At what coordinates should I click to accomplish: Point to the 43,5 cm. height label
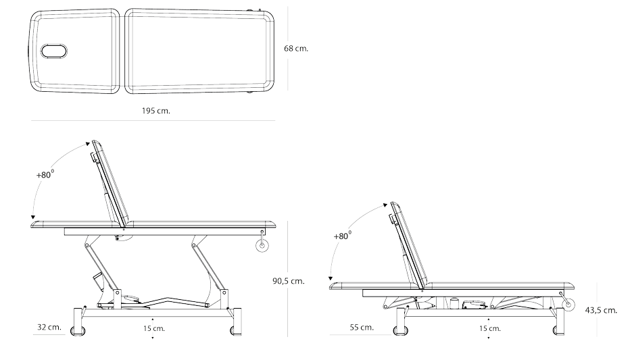pyautogui.click(x=600, y=309)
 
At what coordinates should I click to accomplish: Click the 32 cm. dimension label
pyautogui.click(x=49, y=327)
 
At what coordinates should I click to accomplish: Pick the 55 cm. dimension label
pyautogui.click(x=362, y=327)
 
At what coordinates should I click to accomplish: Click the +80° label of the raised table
pyautogui.click(x=45, y=174)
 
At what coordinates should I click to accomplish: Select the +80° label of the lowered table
pyautogui.click(x=343, y=236)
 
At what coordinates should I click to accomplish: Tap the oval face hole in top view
pyautogui.click(x=53, y=51)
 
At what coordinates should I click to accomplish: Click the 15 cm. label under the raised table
pyautogui.click(x=153, y=328)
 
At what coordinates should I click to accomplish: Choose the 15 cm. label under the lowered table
pyautogui.click(x=489, y=328)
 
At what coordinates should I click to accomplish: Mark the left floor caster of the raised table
pyautogui.click(x=81, y=331)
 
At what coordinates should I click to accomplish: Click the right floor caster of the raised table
pyautogui.click(x=235, y=331)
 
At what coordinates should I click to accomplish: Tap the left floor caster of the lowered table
pyautogui.click(x=401, y=331)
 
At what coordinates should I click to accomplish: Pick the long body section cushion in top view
pyautogui.click(x=200, y=51)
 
